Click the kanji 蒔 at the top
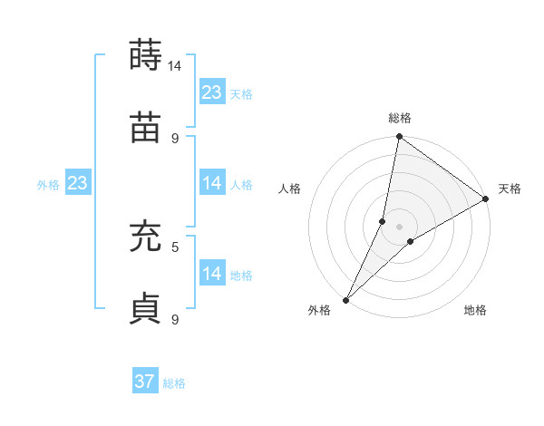(x=146, y=55)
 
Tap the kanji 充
(x=146, y=237)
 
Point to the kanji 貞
(x=146, y=308)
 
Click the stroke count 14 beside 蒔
(x=175, y=66)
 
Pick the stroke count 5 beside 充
(x=175, y=246)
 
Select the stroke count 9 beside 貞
(x=175, y=319)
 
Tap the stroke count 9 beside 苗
(x=175, y=138)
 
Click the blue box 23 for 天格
(x=212, y=92)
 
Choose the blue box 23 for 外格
(x=78, y=183)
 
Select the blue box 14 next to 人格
(x=212, y=183)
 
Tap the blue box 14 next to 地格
(x=212, y=274)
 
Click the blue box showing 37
(x=145, y=382)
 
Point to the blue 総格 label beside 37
(x=175, y=383)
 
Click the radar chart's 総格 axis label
(x=399, y=119)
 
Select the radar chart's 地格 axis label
(x=475, y=311)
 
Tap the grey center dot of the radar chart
(x=399, y=227)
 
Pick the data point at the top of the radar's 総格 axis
(x=399, y=137)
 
